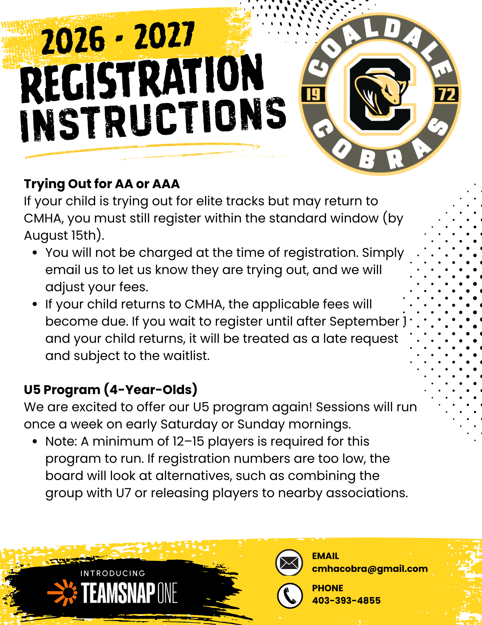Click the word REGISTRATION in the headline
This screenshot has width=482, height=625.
click(142, 78)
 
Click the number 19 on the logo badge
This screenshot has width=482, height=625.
click(313, 94)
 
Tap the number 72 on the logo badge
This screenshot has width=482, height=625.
click(447, 94)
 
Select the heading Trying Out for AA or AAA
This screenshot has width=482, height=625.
click(102, 184)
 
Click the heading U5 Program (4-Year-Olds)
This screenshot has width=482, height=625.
click(111, 390)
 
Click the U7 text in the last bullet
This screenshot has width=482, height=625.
click(123, 493)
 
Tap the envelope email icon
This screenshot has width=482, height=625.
click(289, 563)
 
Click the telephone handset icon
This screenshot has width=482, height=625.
click(290, 596)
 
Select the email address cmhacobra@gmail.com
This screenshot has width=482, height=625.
click(370, 569)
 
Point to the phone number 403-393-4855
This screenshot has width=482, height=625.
click(346, 600)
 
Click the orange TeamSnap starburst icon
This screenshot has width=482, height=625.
click(63, 592)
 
